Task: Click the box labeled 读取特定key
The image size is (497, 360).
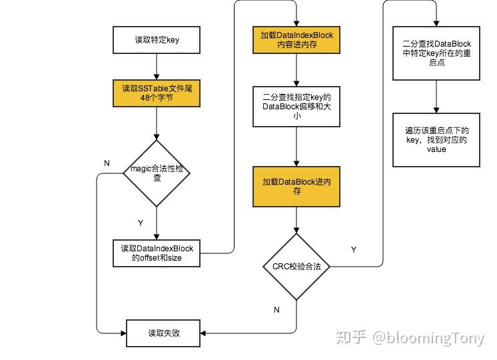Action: [x=157, y=40]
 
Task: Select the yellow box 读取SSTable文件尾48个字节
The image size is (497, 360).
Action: [x=157, y=93]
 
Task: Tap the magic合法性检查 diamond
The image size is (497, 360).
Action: [x=157, y=173]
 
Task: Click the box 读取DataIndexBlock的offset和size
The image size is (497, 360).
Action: [x=157, y=253]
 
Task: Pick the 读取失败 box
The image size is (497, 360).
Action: [x=163, y=332]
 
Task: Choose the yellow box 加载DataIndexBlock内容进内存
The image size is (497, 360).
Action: [x=296, y=40]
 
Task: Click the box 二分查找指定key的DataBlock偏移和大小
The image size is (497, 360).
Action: [x=296, y=106]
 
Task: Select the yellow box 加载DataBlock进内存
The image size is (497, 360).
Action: [x=296, y=186]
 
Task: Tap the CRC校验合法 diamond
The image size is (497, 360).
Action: [x=296, y=266]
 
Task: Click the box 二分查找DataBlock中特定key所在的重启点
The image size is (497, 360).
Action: [x=436, y=53]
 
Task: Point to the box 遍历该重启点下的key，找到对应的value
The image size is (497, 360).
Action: [x=436, y=139]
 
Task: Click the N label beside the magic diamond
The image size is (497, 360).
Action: [x=107, y=163]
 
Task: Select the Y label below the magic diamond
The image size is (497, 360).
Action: [x=139, y=223]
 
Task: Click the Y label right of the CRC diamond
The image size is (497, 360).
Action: [x=353, y=250]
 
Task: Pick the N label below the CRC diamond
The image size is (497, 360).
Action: [x=276, y=310]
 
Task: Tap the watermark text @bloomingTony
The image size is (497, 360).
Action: [x=428, y=338]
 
